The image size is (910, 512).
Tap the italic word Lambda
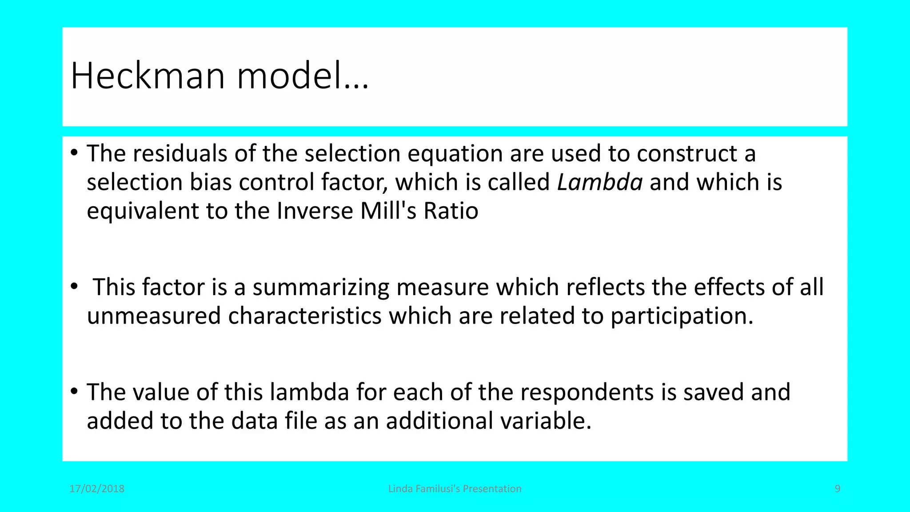[599, 182]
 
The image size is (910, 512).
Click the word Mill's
[388, 211]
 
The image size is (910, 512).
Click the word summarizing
[321, 288]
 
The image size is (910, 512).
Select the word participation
[682, 316]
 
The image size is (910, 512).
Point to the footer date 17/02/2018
[97, 489]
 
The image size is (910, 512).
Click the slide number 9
[838, 489]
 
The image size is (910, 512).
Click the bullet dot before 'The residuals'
[74, 154]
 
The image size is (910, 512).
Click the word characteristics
[305, 316]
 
